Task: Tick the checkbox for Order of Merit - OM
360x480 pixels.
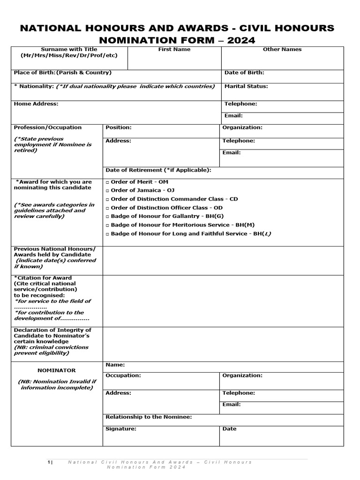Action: point(108,182)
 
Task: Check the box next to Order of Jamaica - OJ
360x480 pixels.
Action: point(108,191)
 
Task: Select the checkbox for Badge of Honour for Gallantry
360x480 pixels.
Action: point(108,217)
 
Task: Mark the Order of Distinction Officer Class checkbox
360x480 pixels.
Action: point(108,208)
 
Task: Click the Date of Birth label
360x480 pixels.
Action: point(244,73)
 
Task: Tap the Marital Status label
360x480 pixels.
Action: point(246,86)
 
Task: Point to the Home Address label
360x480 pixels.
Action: point(36,104)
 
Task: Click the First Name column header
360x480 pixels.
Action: point(174,49)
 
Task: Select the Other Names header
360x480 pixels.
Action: point(282,49)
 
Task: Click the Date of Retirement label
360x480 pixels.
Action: point(158,170)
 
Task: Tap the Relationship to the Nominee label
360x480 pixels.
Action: point(149,417)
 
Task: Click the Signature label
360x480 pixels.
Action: point(121,429)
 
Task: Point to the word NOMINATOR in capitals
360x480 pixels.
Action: point(56,370)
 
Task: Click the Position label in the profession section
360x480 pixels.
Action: point(119,127)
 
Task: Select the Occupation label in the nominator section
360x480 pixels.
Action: point(123,375)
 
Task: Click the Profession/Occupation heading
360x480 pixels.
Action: point(48,127)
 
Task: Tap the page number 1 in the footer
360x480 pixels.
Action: point(50,462)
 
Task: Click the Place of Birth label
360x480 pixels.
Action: point(63,73)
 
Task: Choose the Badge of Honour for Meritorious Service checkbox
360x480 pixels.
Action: point(108,225)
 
